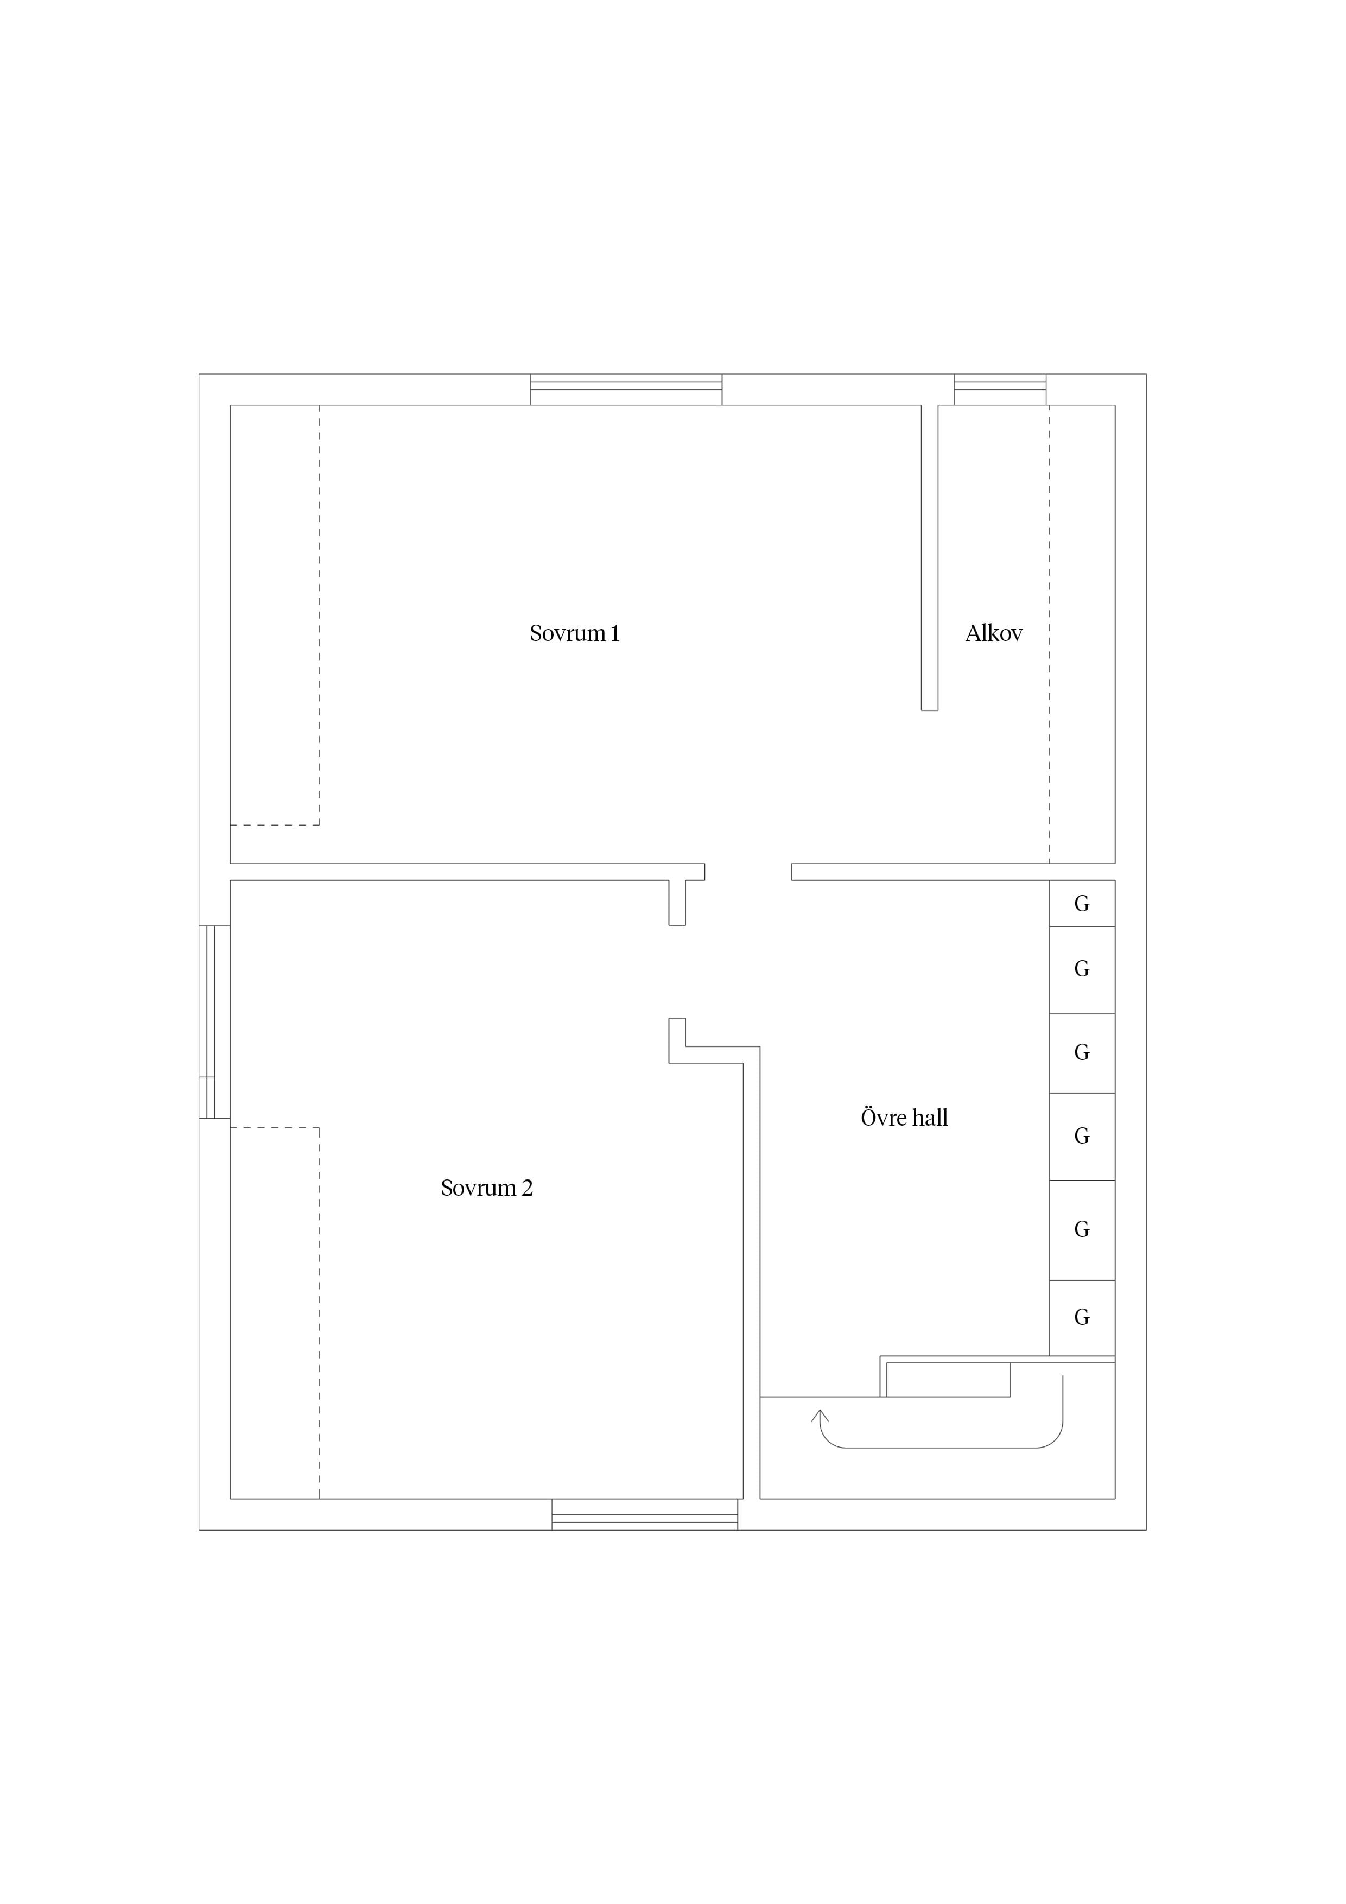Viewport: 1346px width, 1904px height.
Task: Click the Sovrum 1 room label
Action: point(575,633)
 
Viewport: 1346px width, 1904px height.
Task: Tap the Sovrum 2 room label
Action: point(487,1188)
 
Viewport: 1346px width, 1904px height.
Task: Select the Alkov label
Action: point(994,633)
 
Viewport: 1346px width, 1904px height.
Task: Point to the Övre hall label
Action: point(904,1118)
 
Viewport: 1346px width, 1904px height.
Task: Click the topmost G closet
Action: point(1082,903)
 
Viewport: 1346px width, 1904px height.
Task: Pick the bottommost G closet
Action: point(1082,1317)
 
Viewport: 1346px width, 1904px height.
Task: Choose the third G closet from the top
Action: point(1082,1052)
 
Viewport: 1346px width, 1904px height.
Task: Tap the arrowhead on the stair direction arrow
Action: point(820,1415)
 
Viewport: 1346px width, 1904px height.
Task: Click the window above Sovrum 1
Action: point(626,390)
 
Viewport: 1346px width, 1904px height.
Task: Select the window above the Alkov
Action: point(1000,390)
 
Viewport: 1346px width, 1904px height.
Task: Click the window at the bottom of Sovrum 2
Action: point(645,1514)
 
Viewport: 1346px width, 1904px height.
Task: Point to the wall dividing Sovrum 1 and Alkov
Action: point(930,557)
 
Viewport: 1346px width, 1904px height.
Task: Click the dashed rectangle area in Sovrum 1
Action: point(275,615)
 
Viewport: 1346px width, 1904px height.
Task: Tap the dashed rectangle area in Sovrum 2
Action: point(275,1313)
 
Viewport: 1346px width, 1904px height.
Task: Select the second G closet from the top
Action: point(1082,969)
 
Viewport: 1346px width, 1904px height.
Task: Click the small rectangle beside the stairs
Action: point(949,1380)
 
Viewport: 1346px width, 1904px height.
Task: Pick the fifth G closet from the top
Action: point(1082,1230)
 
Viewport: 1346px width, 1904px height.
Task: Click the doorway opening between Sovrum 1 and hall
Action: point(748,872)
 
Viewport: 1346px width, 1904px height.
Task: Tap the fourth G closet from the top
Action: point(1082,1136)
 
